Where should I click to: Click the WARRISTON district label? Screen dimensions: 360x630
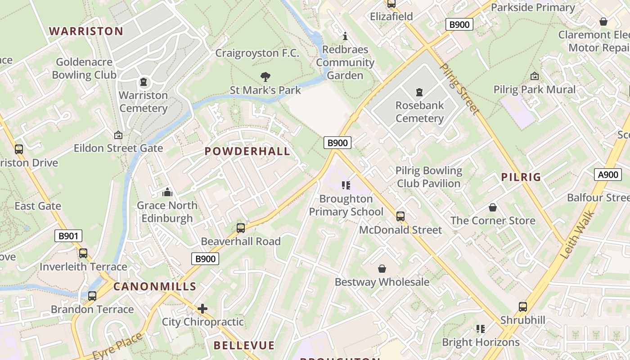(x=85, y=31)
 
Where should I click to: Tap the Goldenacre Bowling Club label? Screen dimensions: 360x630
(x=84, y=68)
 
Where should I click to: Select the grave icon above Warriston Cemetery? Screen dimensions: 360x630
(x=144, y=82)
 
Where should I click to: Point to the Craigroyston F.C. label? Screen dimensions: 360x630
(x=257, y=53)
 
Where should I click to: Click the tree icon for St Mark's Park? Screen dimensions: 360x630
(x=265, y=77)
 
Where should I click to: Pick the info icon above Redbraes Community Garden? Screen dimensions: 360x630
(x=345, y=36)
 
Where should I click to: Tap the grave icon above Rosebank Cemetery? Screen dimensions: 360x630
(x=419, y=92)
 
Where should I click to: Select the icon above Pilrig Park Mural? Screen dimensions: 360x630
(x=535, y=76)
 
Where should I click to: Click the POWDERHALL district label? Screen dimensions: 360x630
(x=247, y=151)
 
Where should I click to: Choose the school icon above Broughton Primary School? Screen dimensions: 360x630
(x=346, y=185)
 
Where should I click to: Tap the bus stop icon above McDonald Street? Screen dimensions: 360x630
(x=400, y=216)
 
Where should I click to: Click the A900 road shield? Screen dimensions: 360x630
(x=607, y=175)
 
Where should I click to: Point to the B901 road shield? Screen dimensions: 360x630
(x=68, y=236)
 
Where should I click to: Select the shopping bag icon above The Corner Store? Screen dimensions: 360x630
(x=493, y=207)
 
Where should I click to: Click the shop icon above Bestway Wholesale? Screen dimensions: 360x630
(x=382, y=269)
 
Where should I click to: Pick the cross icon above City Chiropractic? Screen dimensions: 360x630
(x=202, y=309)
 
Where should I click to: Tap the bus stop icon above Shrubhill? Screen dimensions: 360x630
(x=523, y=307)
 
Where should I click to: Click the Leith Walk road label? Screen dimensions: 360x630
(x=578, y=235)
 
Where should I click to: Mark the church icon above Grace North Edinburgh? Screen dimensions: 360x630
(x=167, y=192)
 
